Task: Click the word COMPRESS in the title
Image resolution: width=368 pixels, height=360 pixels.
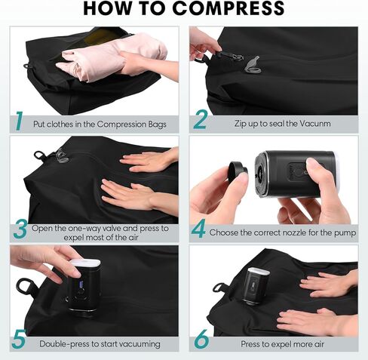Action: pos(228,8)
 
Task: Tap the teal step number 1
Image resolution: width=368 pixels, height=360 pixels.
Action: pos(20,122)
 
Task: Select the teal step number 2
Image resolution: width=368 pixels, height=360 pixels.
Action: pos(201,120)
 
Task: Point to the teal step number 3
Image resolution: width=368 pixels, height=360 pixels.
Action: pos(20,229)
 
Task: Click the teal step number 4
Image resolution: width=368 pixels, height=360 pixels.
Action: pos(198,229)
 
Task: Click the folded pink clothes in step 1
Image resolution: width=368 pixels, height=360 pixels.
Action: pos(111,58)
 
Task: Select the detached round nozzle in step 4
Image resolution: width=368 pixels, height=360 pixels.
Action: pos(238,171)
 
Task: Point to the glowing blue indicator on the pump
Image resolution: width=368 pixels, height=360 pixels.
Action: pos(81,285)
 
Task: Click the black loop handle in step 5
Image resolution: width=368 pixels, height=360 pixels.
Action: pos(26,286)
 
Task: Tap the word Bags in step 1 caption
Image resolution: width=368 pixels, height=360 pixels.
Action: pos(157,125)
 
